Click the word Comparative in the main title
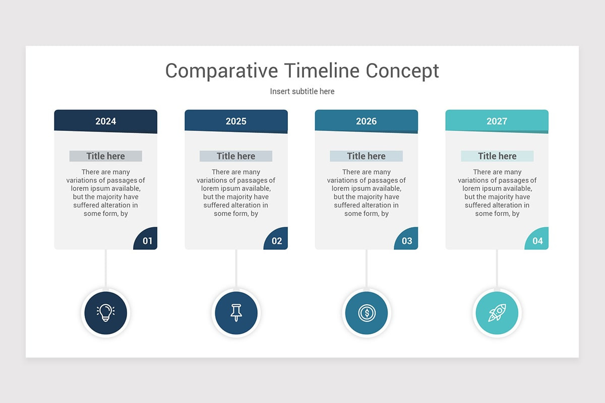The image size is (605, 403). pyautogui.click(x=221, y=71)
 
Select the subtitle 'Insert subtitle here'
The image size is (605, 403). pyautogui.click(x=302, y=92)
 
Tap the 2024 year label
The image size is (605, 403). pyautogui.click(x=105, y=121)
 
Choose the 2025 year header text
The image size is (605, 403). pyautogui.click(x=236, y=121)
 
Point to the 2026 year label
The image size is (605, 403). pyautogui.click(x=366, y=121)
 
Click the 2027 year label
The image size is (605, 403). pyautogui.click(x=497, y=121)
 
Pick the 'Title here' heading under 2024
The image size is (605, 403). pyautogui.click(x=105, y=156)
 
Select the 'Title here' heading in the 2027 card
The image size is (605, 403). pyautogui.click(x=497, y=156)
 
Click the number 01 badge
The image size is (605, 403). pyautogui.click(x=146, y=239)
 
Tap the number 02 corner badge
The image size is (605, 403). pyautogui.click(x=277, y=239)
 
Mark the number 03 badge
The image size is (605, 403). pyautogui.click(x=407, y=239)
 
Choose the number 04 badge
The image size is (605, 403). pyautogui.click(x=537, y=239)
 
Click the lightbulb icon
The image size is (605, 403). pyautogui.click(x=105, y=313)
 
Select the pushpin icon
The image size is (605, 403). pyautogui.click(x=236, y=313)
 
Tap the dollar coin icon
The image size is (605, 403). pyautogui.click(x=367, y=313)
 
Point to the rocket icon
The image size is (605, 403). pyautogui.click(x=497, y=313)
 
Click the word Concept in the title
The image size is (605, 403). pyautogui.click(x=402, y=71)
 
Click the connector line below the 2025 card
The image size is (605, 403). pyautogui.click(x=236, y=269)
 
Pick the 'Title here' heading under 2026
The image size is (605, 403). pyautogui.click(x=366, y=156)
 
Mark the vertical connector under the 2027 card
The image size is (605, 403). pyautogui.click(x=497, y=269)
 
